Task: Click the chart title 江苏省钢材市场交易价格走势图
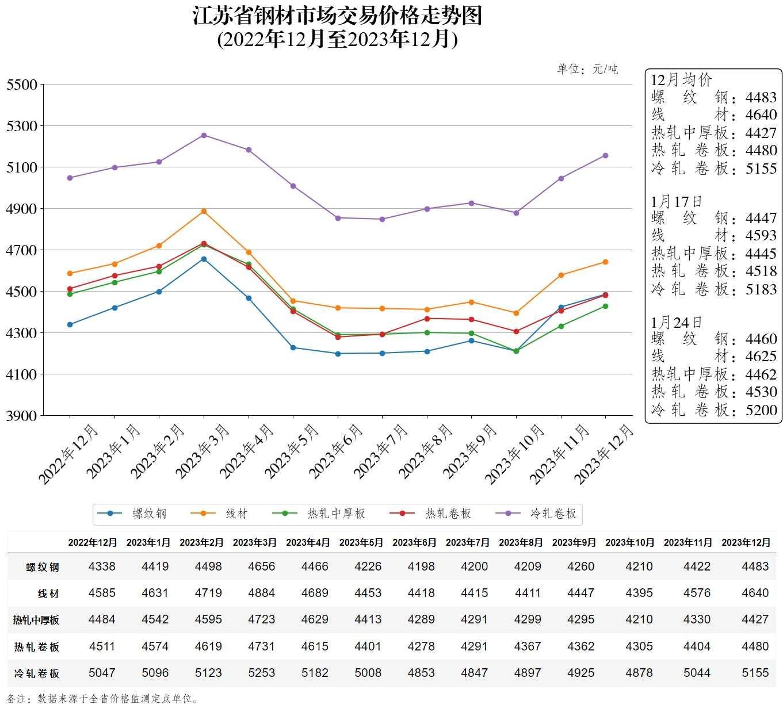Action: coord(337,16)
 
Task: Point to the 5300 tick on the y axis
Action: coord(21,126)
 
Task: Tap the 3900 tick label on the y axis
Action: coord(21,415)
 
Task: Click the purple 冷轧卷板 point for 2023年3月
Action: coord(204,136)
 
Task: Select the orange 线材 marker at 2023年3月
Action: coord(204,212)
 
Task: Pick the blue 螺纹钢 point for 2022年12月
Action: coord(70,325)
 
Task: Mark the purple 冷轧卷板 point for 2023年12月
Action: coord(605,156)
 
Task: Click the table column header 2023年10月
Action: coord(630,542)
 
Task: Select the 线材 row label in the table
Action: coord(48,594)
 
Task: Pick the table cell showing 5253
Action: coord(261,673)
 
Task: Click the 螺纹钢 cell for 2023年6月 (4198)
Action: coord(421,566)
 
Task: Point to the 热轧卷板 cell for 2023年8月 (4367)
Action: coord(528,646)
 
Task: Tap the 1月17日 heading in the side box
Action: coord(677,202)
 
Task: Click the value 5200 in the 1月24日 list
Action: coord(761,410)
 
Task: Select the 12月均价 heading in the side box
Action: coord(681,80)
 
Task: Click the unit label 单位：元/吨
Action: coord(587,70)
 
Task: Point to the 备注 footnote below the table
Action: coord(104,699)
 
